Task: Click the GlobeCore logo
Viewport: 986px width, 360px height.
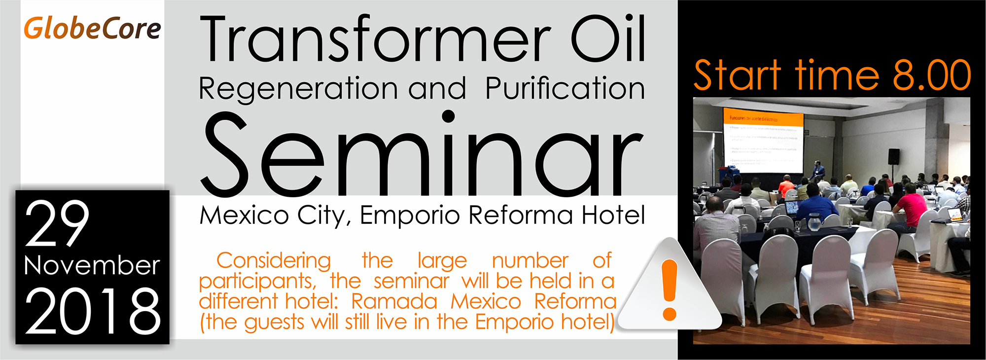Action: point(92,29)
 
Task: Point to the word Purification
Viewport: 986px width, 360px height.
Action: point(565,89)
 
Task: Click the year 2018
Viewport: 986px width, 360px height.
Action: point(92,311)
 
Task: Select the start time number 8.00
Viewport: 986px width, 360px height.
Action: point(931,75)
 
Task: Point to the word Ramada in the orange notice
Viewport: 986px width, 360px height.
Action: point(394,301)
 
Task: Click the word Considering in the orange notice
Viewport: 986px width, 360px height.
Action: point(274,260)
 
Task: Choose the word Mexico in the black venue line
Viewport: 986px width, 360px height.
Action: point(244,216)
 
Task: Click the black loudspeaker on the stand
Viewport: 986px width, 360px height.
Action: point(893,156)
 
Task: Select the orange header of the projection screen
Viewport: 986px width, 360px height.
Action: point(764,119)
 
